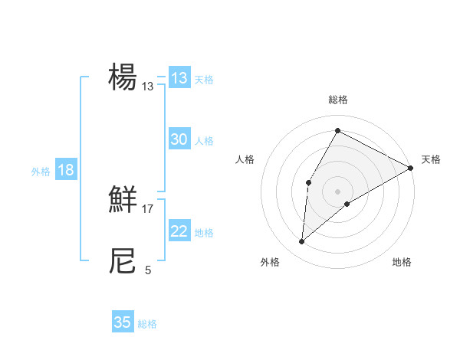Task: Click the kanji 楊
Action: click(x=123, y=78)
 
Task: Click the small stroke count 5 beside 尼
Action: click(x=148, y=270)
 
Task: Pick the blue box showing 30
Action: click(x=179, y=139)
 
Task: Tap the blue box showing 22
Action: click(x=179, y=231)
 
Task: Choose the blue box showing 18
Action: click(x=66, y=170)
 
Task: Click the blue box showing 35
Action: click(x=123, y=322)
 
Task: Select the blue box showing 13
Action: click(x=179, y=78)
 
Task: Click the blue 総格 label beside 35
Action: click(x=147, y=324)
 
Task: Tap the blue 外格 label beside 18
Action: click(x=41, y=172)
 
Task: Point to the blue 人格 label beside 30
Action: click(x=204, y=141)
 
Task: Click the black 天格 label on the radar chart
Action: click(x=431, y=159)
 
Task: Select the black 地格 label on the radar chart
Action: click(x=402, y=262)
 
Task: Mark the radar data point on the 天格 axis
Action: click(x=411, y=168)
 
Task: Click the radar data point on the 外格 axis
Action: click(x=302, y=242)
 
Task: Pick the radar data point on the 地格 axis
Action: click(x=347, y=204)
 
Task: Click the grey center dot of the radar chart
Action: click(x=337, y=191)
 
